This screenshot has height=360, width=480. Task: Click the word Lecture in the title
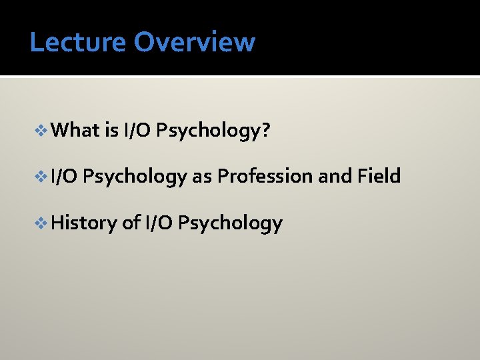[77, 42]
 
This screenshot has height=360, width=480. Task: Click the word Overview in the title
[194, 42]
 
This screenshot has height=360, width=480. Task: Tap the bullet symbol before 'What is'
[42, 130]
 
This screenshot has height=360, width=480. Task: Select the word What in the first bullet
[75, 130]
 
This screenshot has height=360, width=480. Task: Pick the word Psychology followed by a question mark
[209, 131]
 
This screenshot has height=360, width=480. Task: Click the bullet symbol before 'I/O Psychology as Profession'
[42, 177]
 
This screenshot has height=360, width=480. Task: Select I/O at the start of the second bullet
[64, 177]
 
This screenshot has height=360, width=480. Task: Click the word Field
[379, 177]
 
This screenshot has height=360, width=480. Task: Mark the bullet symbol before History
[42, 223]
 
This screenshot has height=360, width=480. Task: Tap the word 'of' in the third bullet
[131, 223]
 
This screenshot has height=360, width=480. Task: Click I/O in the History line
[158, 223]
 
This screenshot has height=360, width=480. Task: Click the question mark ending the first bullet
[265, 130]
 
